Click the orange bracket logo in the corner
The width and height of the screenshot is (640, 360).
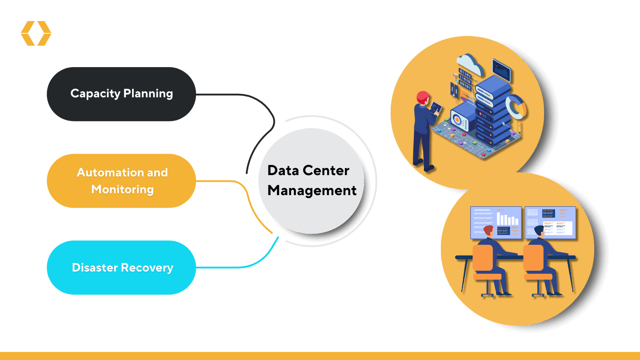click(x=36, y=33)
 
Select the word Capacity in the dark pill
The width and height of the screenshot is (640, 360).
click(x=95, y=93)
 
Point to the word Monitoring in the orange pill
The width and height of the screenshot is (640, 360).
click(x=122, y=189)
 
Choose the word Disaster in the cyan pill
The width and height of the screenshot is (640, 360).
click(x=95, y=268)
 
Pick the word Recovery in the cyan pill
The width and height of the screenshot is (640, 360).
click(x=149, y=268)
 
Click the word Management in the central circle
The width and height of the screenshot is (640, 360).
click(x=312, y=191)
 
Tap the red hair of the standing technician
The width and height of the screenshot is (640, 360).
click(x=423, y=96)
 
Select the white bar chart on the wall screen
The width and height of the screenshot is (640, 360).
click(x=507, y=219)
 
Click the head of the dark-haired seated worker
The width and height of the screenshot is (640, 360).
click(x=539, y=231)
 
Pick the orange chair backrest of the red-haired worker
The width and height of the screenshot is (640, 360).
click(x=483, y=258)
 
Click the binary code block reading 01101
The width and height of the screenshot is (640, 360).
click(x=465, y=78)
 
